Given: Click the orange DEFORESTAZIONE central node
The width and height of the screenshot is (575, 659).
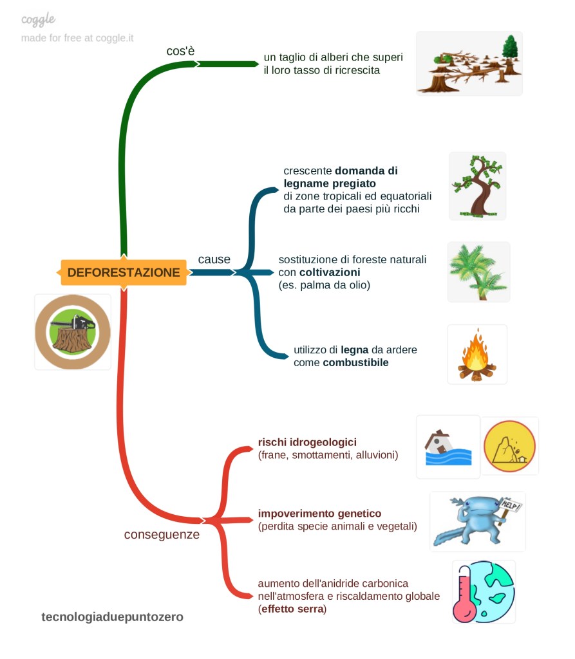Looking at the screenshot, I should [x=124, y=272].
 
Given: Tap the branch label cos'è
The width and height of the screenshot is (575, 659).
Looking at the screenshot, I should [x=180, y=51].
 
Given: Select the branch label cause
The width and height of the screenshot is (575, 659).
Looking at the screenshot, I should [x=214, y=259].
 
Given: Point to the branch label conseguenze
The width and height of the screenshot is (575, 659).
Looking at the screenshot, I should [x=162, y=534].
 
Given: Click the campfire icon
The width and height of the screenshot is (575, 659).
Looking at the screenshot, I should [x=476, y=355].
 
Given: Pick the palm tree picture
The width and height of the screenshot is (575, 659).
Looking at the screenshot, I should [x=478, y=272].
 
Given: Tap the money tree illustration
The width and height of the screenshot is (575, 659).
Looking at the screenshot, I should [x=477, y=187].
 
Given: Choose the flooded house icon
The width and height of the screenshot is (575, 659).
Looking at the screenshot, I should [x=448, y=447].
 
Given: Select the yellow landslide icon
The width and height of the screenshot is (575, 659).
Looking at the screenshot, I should [x=509, y=447].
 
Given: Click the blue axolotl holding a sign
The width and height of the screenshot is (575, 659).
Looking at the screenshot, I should [x=477, y=522].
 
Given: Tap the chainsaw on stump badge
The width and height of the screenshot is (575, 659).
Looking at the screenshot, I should [x=73, y=332].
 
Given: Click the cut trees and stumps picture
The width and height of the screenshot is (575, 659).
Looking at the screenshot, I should [x=469, y=64].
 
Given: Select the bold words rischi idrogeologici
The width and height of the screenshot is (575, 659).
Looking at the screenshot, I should [x=307, y=442].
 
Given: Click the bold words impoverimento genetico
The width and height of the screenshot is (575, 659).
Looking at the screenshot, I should [x=319, y=514].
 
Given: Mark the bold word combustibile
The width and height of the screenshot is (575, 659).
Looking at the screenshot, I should [x=355, y=363].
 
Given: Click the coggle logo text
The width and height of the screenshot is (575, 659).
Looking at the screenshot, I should [x=38, y=20].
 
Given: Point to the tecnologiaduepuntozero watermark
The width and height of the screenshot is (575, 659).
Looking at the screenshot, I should [x=113, y=617].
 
